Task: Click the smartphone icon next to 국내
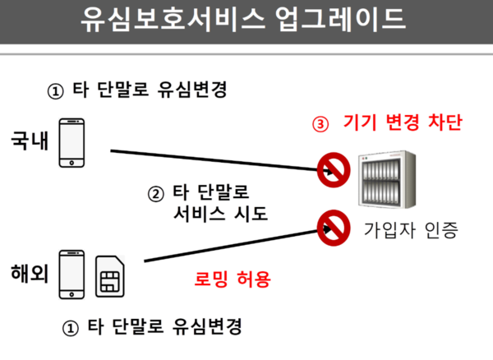coord(72,141)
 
